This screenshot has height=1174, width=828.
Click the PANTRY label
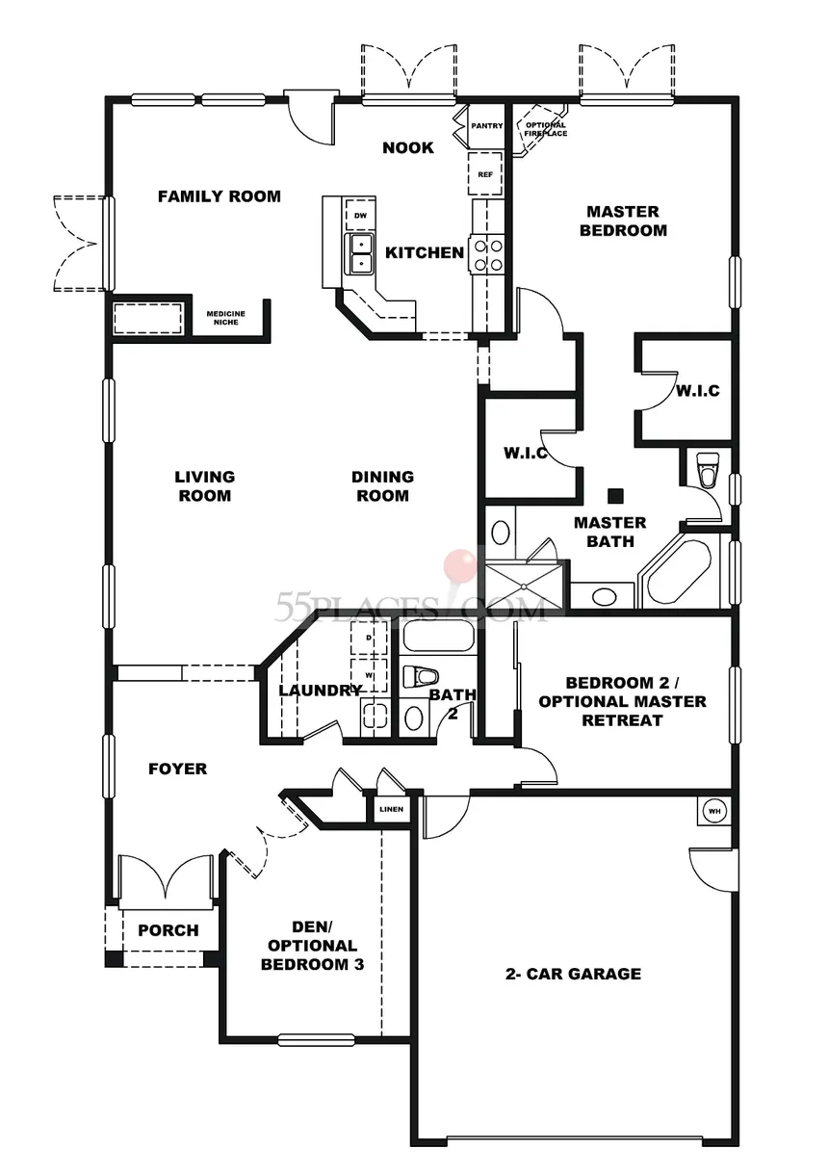point(486,126)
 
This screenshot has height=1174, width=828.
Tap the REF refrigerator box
point(484,174)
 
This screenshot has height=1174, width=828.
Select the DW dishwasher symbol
point(360,216)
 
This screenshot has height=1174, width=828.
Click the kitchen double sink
point(358,253)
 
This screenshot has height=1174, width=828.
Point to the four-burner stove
point(487,254)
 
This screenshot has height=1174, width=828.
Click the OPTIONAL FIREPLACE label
point(545,129)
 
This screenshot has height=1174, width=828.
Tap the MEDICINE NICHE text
point(226,318)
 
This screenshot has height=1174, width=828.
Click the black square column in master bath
point(615,496)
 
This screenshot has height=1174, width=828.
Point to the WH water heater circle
point(714,811)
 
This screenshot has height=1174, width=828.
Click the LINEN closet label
point(392,809)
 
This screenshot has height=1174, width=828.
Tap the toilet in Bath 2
point(420,677)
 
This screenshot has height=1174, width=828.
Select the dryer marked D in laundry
point(369,638)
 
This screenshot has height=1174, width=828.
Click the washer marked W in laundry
point(369,675)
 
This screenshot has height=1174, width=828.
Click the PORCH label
point(168,930)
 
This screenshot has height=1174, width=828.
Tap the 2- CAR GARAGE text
point(573,974)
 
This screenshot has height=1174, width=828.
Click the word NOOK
point(408,147)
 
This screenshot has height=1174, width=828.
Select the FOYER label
point(178,769)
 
